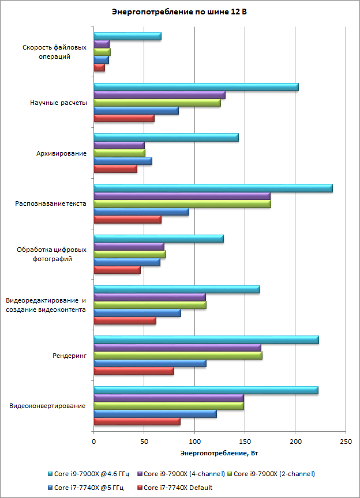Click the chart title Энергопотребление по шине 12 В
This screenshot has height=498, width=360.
click(179, 12)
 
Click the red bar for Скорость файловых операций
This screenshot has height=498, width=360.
click(99, 67)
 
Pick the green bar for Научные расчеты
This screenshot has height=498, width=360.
click(157, 103)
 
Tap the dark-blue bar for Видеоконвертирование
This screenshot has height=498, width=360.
click(155, 414)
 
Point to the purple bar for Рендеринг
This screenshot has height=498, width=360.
click(177, 348)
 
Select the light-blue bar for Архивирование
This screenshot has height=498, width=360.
click(166, 137)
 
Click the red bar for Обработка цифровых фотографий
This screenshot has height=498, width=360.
click(117, 270)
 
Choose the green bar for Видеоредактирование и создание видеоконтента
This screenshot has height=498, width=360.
click(149, 305)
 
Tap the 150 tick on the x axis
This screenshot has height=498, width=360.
click(245, 442)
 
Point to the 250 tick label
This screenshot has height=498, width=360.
click(346, 442)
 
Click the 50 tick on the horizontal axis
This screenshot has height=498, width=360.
click(144, 442)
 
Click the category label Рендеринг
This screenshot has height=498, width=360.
click(69, 356)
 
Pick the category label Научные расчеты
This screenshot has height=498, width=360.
click(58, 103)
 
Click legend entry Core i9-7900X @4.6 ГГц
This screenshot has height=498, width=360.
click(92, 474)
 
